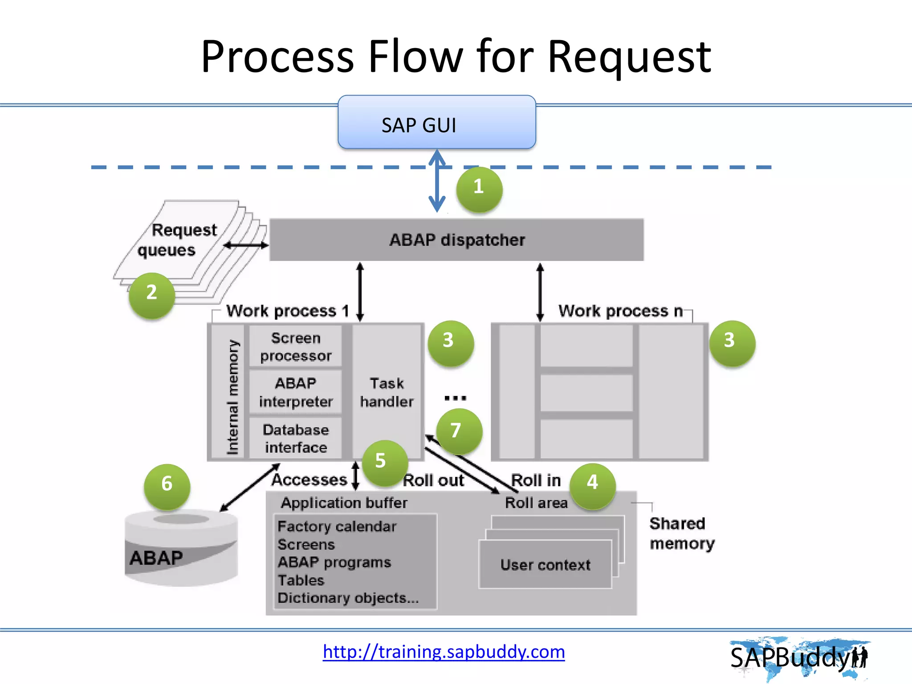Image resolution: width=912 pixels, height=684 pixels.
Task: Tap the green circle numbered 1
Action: pos(479,189)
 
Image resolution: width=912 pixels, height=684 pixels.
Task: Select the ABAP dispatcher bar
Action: pos(456,240)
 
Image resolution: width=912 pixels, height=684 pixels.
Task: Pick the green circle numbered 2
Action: pos(152,295)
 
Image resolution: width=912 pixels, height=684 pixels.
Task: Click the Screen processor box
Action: pos(296,346)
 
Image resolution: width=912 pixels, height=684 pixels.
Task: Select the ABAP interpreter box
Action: pos(296,392)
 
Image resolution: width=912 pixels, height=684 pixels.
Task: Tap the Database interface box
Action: pos(296,438)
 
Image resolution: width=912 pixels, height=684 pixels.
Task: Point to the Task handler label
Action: pos(387,392)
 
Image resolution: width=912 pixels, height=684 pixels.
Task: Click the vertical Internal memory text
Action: pos(232,396)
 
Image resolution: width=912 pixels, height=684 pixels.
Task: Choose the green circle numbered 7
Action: pos(459,431)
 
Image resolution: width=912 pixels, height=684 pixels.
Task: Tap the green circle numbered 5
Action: pos(384,462)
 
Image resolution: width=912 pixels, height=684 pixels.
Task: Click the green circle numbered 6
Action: pos(167,486)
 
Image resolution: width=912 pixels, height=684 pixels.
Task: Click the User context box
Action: pos(545,565)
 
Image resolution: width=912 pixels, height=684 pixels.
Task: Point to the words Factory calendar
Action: pos(337,526)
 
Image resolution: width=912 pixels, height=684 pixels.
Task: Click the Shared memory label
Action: pos(681,533)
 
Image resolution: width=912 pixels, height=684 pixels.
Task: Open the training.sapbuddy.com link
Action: pos(444,651)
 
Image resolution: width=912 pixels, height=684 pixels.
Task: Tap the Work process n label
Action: pos(620,310)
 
